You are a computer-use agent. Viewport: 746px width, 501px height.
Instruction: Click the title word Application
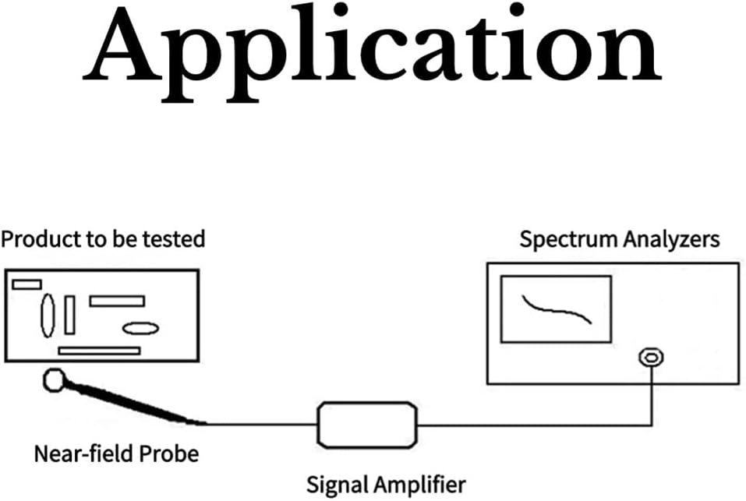coord(373,48)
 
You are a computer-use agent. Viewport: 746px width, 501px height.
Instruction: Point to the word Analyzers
coord(671,238)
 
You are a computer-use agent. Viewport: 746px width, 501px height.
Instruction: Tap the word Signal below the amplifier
coord(335,485)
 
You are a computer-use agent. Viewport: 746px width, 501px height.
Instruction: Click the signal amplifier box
coord(367,425)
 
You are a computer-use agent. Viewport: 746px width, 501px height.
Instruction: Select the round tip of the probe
coord(55,379)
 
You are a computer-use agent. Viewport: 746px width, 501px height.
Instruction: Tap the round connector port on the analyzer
coord(650,358)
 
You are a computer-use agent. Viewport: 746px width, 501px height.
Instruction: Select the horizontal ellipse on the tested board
coord(140,328)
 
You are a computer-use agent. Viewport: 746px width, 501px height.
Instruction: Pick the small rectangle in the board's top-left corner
coord(27,284)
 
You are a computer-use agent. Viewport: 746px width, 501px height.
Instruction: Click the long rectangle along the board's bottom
coord(99,351)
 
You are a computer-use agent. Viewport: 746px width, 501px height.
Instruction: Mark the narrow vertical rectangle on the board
coord(69,315)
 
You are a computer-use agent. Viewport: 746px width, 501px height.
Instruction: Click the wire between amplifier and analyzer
coord(538,425)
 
